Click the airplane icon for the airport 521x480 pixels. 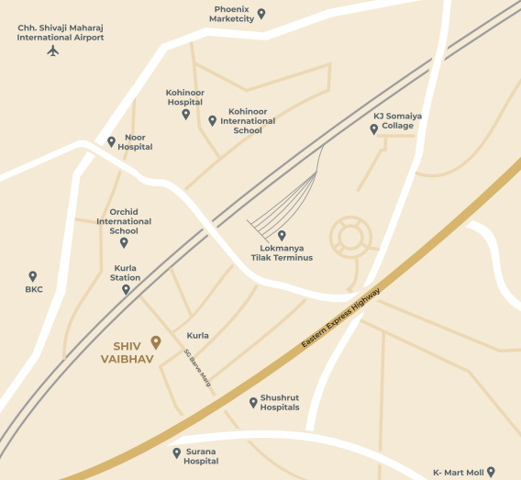pyautogui.click(x=52, y=50)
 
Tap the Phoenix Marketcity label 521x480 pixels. pyautogui.click(x=231, y=14)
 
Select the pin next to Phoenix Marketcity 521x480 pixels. pyautogui.click(x=261, y=14)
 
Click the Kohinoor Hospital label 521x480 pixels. pyautogui.click(x=184, y=97)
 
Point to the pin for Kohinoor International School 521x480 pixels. pyautogui.click(x=213, y=120)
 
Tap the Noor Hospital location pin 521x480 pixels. pyautogui.click(x=112, y=141)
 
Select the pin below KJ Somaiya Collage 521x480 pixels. pyautogui.click(x=373, y=129)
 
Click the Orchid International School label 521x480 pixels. pyautogui.click(x=124, y=221)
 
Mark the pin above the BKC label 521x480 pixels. pyautogui.click(x=33, y=275)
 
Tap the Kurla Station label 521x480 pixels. pyautogui.click(x=126, y=272)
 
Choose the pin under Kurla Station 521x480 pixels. pyautogui.click(x=126, y=289)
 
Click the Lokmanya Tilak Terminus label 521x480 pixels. pyautogui.click(x=282, y=252)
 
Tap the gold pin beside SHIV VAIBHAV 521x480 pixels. pyautogui.click(x=156, y=342)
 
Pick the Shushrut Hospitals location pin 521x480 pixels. pyautogui.click(x=253, y=402)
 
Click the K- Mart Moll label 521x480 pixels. pyautogui.click(x=458, y=473)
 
